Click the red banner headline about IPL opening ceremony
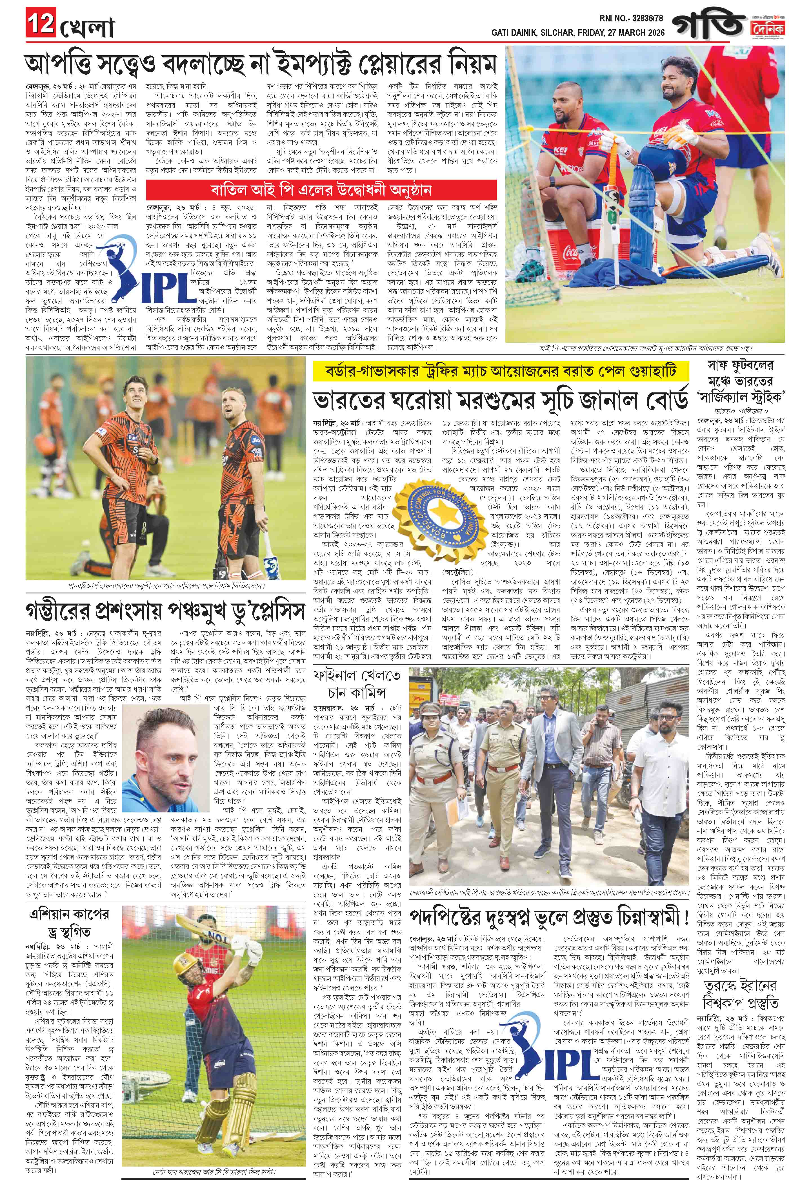coord(321,190)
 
